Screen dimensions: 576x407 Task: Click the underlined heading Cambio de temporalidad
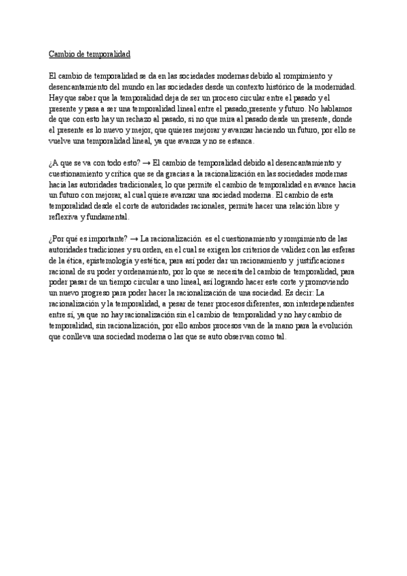tap(89, 54)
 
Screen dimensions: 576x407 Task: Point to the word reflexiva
tap(64, 217)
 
